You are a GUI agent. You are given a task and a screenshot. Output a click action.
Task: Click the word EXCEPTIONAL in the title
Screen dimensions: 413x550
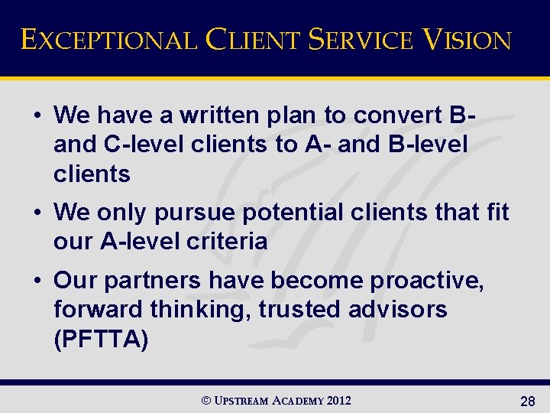point(108,39)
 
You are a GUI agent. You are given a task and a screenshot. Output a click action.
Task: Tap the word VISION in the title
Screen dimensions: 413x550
point(467,39)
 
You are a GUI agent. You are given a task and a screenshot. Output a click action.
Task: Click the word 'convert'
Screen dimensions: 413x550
point(396,115)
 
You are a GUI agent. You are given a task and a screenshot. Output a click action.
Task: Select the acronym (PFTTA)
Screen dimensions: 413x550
point(101,339)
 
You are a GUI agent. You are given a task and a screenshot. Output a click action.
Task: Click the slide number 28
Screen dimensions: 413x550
point(527,402)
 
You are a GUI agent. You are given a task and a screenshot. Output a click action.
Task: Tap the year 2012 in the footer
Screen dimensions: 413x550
point(338,401)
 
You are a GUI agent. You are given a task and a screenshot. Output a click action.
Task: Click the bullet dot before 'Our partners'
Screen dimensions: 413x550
point(37,281)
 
